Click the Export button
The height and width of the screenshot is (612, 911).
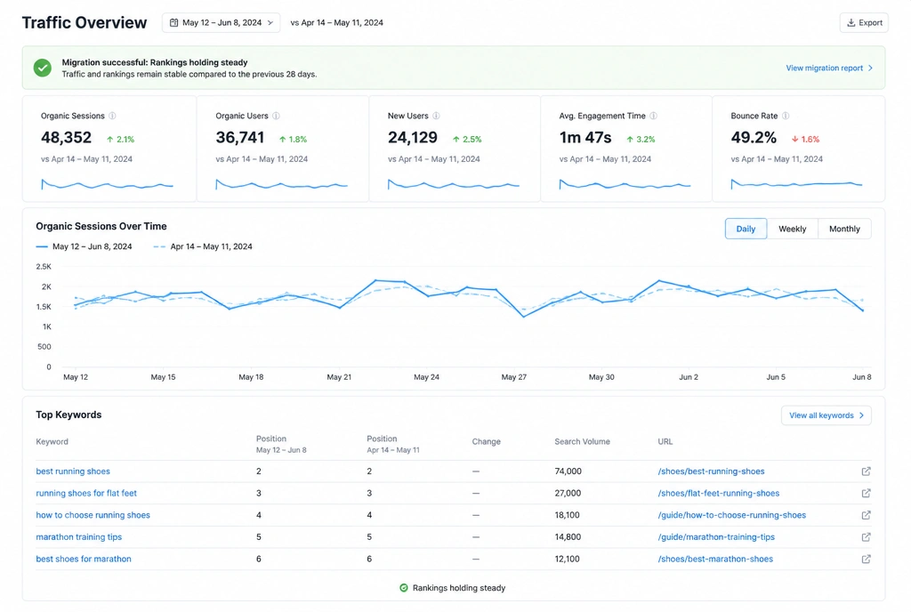[863, 22]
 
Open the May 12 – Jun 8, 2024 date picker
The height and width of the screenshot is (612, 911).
[221, 22]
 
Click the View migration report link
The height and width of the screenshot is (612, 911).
[829, 68]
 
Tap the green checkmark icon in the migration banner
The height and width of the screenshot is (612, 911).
[43, 68]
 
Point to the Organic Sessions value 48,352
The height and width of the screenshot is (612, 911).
[66, 138]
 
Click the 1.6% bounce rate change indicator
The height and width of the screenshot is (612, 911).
[805, 140]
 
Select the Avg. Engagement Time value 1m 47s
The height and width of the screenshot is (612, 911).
[585, 138]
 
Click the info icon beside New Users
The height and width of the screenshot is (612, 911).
[436, 116]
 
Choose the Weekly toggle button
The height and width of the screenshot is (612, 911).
[792, 229]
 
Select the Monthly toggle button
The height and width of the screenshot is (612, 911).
[844, 229]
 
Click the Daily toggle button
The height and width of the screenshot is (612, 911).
[746, 229]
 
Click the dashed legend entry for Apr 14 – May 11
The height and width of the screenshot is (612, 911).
[203, 246]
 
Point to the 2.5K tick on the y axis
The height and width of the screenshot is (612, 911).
[44, 267]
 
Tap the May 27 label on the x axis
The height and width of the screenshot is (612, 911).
[513, 377]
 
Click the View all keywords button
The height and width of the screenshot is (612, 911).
[826, 415]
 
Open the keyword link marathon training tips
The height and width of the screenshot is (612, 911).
[79, 537]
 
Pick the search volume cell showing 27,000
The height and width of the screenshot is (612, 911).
[568, 493]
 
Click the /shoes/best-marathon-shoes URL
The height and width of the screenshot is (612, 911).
[715, 560]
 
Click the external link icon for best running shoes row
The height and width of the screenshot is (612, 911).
[866, 471]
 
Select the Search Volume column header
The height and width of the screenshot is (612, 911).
[582, 441]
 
